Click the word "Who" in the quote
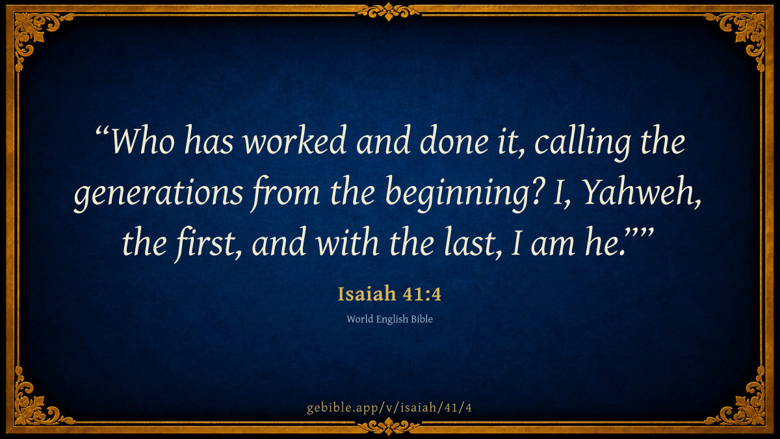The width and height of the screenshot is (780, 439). tap(143, 140)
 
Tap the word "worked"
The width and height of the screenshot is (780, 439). tap(294, 139)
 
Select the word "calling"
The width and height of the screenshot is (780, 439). tap(582, 143)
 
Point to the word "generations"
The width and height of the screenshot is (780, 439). tap(159, 194)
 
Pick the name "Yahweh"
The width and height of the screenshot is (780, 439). tap(640, 192)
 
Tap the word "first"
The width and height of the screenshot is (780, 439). tap(205, 243)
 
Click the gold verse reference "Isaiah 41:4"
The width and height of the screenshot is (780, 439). tap(389, 294)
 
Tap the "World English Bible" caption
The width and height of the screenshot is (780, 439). tap(389, 319)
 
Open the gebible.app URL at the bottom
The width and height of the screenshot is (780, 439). tap(389, 408)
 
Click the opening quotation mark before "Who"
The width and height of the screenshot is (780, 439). tap(102, 131)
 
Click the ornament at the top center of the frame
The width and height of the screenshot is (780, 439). tap(389, 11)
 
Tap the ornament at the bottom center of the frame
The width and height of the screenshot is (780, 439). tap(389, 427)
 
